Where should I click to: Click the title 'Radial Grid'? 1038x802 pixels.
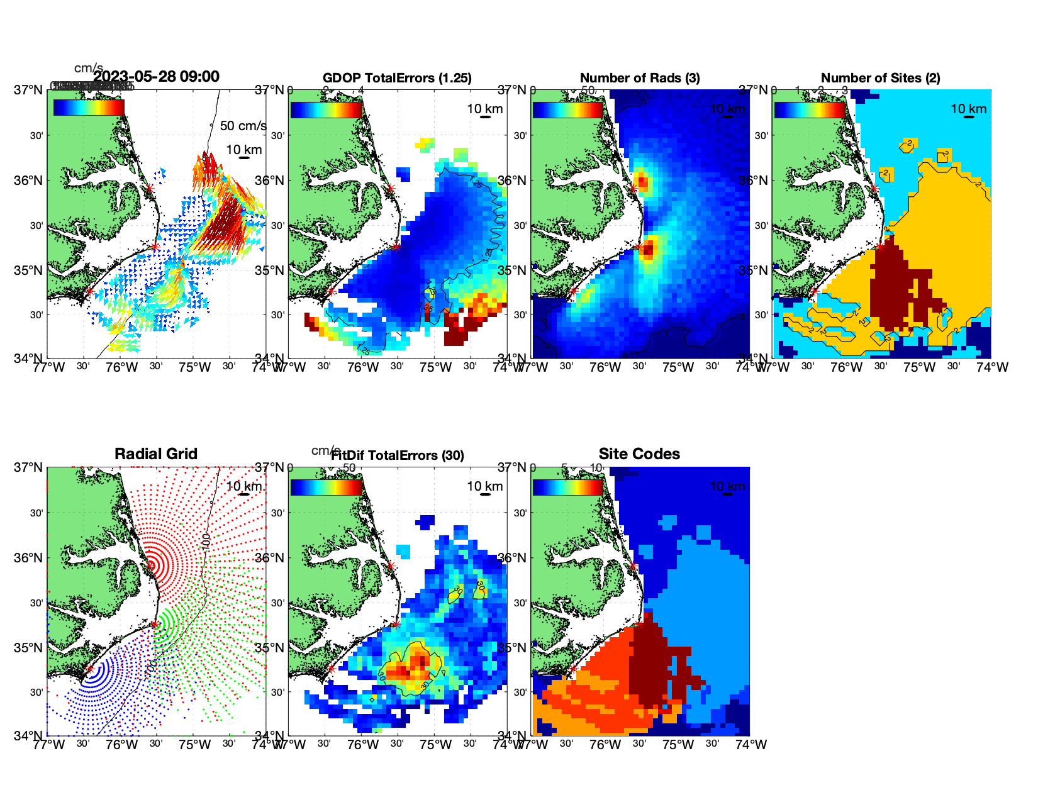(156, 454)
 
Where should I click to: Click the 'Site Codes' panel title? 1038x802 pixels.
(639, 454)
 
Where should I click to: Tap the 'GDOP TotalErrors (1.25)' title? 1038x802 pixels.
(397, 78)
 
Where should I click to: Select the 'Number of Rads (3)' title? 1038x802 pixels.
(640, 78)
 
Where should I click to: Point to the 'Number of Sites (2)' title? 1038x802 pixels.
(880, 78)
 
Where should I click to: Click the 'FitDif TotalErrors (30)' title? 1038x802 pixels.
(398, 455)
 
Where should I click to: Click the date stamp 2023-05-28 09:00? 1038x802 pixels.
(157, 77)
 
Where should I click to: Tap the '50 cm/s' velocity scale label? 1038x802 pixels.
(243, 126)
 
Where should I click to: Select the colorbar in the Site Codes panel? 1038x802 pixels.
(568, 487)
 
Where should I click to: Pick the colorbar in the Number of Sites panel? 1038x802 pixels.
(810, 109)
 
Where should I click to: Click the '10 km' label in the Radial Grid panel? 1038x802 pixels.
(244, 486)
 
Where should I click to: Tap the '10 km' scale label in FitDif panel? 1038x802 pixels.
(484, 486)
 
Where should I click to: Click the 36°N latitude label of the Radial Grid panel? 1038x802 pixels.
(29, 558)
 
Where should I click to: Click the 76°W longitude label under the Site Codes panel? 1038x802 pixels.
(605, 745)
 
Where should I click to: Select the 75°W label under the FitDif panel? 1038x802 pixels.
(435, 745)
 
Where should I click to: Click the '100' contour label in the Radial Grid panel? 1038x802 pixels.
(206, 540)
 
